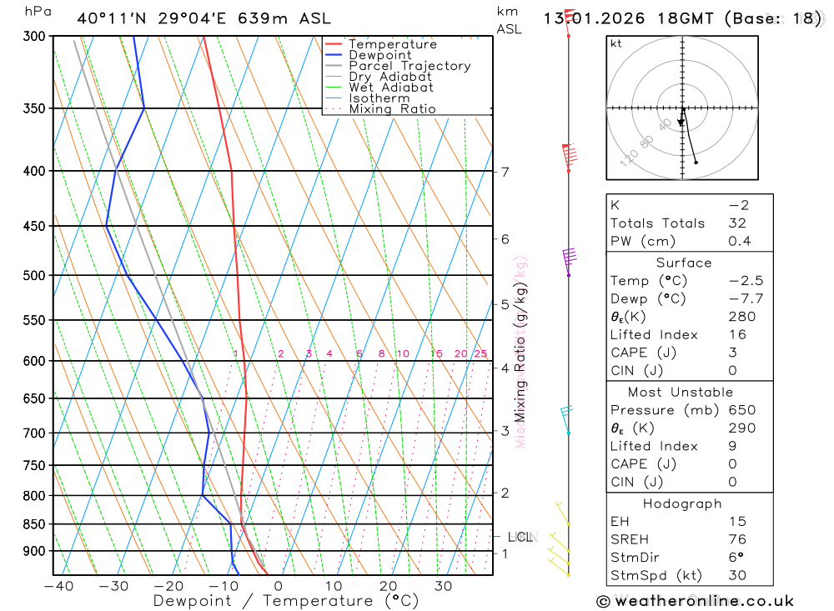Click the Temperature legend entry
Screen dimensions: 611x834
(x=392, y=44)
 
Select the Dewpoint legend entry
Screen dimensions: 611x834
(x=379, y=55)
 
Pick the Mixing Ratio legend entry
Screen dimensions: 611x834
(x=392, y=109)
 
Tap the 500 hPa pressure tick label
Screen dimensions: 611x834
(x=33, y=275)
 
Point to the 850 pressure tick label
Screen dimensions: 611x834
(x=33, y=524)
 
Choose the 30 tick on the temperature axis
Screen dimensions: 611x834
(x=443, y=587)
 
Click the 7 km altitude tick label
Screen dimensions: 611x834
(x=505, y=173)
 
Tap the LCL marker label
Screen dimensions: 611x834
(x=520, y=537)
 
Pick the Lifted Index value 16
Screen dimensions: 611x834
(x=736, y=335)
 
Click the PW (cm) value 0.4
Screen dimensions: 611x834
(x=739, y=242)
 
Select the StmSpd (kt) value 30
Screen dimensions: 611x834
(x=736, y=575)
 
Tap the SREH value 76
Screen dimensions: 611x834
(x=736, y=539)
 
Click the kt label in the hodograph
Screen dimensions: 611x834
(x=616, y=43)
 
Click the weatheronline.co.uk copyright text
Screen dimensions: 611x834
(x=695, y=601)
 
